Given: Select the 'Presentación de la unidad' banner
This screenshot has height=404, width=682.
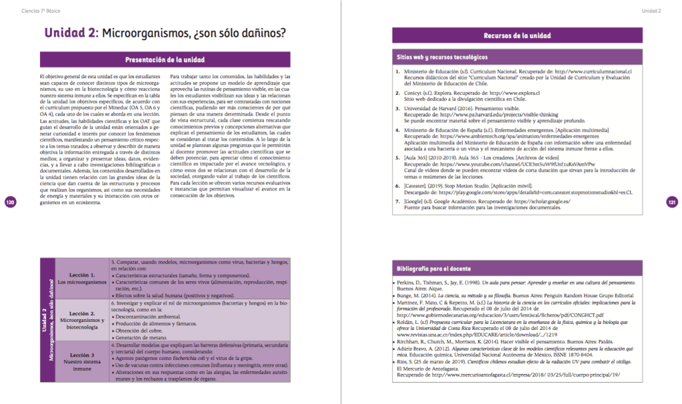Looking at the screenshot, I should [x=165, y=59].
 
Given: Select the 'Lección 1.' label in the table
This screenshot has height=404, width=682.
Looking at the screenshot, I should [x=83, y=275].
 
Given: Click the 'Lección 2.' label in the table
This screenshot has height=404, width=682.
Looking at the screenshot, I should [x=83, y=313].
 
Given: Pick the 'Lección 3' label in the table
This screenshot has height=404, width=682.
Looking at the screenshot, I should [x=83, y=355].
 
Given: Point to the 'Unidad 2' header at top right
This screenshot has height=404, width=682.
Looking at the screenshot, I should [x=651, y=11].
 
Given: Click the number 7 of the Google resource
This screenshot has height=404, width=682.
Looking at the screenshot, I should [x=397, y=201].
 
